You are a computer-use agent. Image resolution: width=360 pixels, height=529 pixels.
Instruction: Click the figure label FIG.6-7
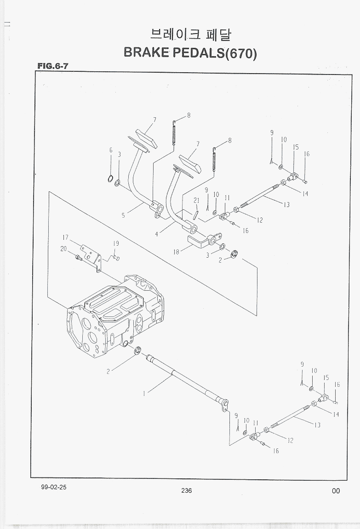click(53, 66)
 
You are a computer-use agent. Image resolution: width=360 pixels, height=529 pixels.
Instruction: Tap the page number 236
click(186, 490)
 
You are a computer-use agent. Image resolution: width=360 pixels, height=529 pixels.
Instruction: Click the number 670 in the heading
click(240, 53)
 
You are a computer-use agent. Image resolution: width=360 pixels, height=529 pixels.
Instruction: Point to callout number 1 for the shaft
click(144, 393)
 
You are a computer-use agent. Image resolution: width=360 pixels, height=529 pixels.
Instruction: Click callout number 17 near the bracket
click(66, 238)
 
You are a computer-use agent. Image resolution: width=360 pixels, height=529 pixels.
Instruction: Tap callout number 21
click(196, 200)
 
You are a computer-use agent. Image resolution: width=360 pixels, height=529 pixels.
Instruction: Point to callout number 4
click(156, 234)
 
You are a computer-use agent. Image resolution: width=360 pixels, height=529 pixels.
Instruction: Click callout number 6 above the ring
click(111, 150)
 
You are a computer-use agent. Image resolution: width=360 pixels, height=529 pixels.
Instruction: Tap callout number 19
click(116, 243)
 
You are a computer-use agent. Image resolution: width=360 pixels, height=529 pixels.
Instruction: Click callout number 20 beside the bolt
click(63, 249)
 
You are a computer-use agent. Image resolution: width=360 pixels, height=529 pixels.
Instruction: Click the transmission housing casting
click(115, 317)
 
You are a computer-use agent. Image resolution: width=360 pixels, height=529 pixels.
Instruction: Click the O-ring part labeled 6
click(110, 178)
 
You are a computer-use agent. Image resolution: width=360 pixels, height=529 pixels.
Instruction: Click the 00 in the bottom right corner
click(336, 491)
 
